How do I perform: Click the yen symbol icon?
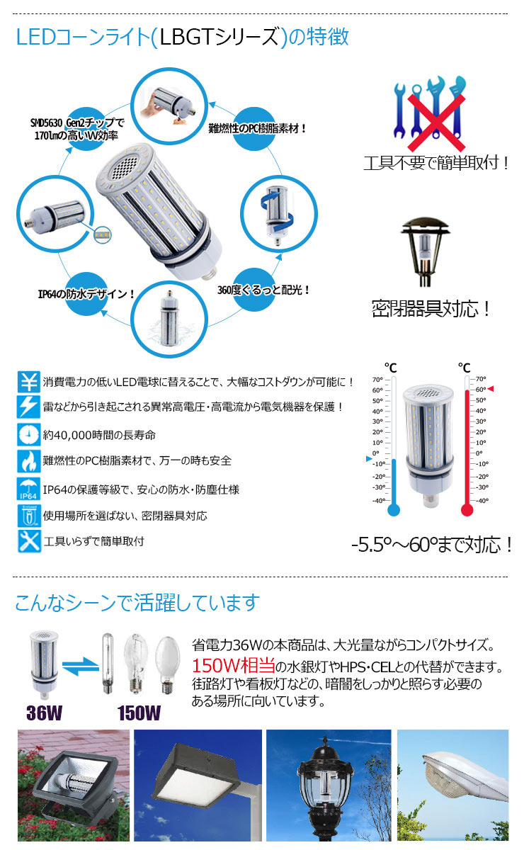point(29,382)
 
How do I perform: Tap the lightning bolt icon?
point(29,407)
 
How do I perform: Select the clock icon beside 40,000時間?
point(29,433)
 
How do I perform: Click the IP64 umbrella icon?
point(29,488)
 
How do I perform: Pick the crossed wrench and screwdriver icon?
point(29,541)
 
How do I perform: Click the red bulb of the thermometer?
point(466,509)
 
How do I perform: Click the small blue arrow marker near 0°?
point(368,460)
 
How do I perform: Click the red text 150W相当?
point(233,667)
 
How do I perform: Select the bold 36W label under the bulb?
point(45,712)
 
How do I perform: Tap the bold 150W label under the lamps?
point(138,712)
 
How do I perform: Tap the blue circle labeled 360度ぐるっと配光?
point(261,289)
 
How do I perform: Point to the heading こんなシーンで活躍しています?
point(137,603)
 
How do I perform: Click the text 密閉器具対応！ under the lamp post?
point(431,309)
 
